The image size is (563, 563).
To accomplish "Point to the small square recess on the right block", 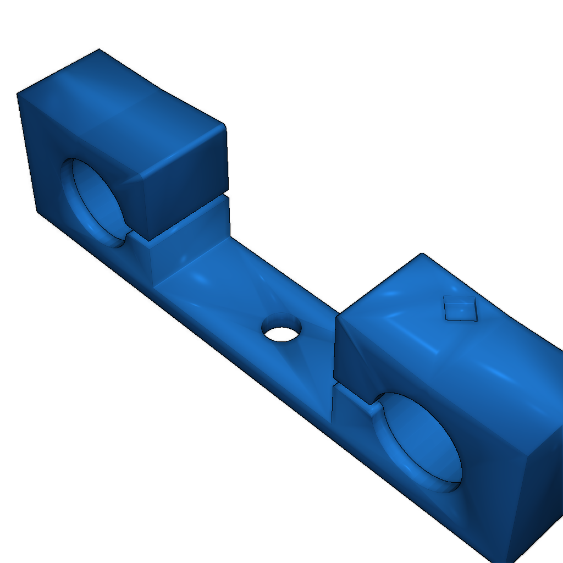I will [460, 308].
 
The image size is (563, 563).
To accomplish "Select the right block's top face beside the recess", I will [418, 308].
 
